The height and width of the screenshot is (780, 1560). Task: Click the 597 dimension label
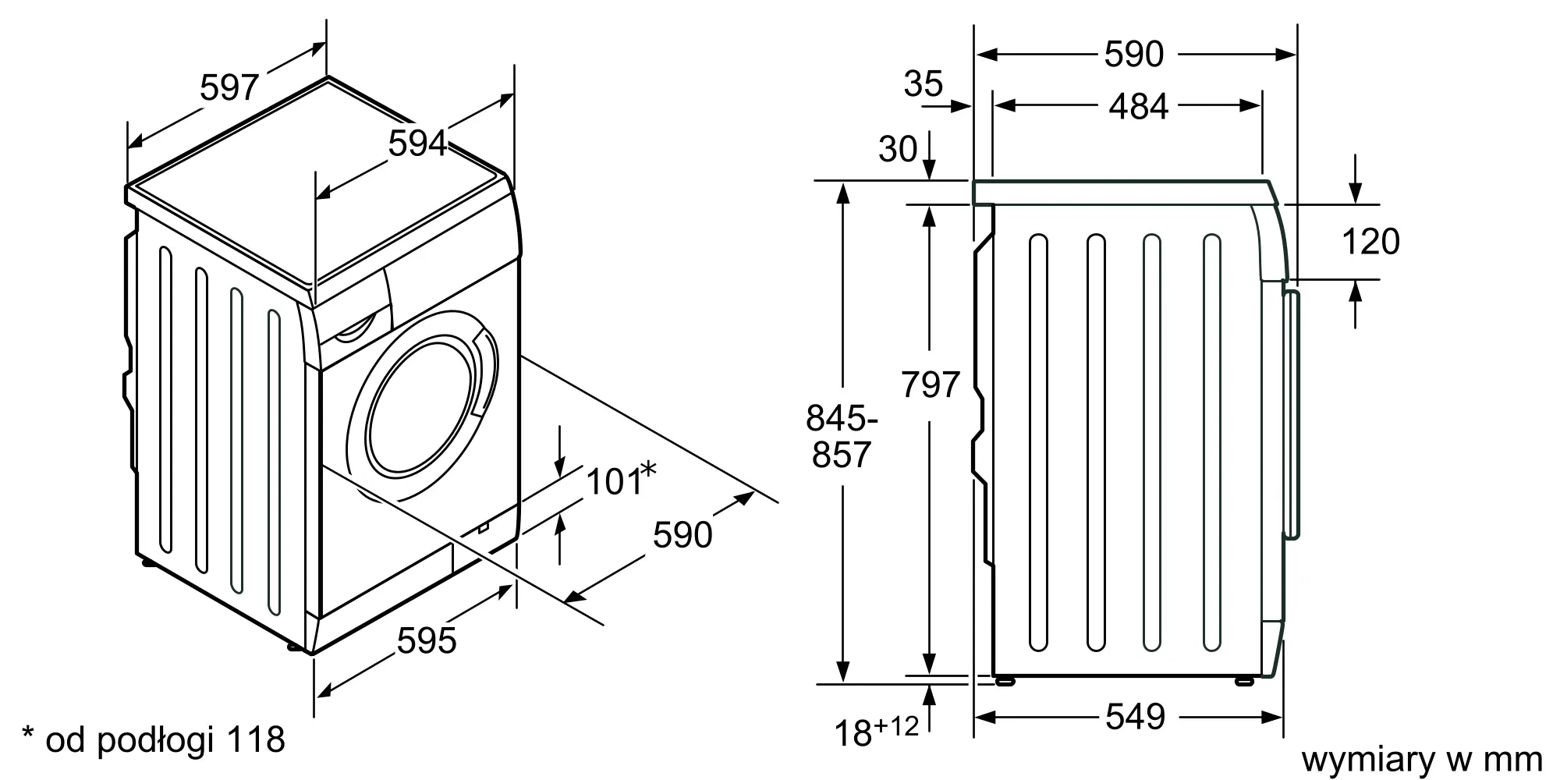pos(229,87)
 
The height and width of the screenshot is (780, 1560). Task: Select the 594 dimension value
pos(418,144)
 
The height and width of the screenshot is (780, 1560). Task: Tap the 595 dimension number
pos(427,641)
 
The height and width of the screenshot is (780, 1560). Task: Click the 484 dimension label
pos(1139,107)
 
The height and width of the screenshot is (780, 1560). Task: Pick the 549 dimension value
pos(1136,717)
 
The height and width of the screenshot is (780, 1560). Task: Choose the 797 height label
pos(930,385)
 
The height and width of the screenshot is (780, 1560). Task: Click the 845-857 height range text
pos(842,437)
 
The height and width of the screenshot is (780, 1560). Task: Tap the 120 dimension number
pos(1370,242)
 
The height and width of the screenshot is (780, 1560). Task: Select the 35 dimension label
pos(924,83)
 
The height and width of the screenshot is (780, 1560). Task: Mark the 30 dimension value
pos(898,149)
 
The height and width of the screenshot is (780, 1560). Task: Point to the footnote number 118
pos(255,739)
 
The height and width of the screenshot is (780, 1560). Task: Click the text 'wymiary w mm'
pos(1422,759)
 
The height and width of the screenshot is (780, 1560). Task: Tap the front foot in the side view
pos(1244,680)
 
